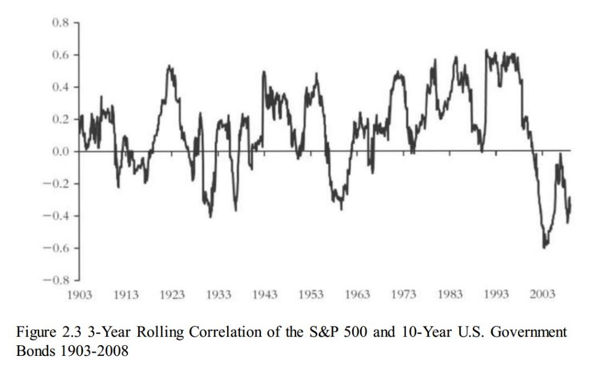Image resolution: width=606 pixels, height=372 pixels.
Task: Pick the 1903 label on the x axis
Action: [79, 294]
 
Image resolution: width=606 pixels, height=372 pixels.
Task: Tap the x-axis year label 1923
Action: [172, 294]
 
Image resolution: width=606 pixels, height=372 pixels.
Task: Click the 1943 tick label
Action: [264, 294]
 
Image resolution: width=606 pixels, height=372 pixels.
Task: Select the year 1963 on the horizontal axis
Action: [357, 294]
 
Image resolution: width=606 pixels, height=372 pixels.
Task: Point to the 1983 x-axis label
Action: [450, 294]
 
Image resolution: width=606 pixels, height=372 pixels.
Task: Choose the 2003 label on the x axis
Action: [543, 294]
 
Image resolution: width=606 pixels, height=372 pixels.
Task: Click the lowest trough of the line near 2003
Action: [544, 247]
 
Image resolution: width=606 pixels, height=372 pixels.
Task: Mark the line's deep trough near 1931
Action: [210, 217]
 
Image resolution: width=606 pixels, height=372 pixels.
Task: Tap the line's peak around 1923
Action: [169, 66]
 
